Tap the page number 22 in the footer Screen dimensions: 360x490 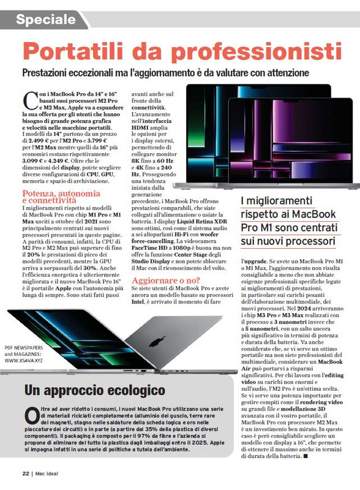point(25,473)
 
